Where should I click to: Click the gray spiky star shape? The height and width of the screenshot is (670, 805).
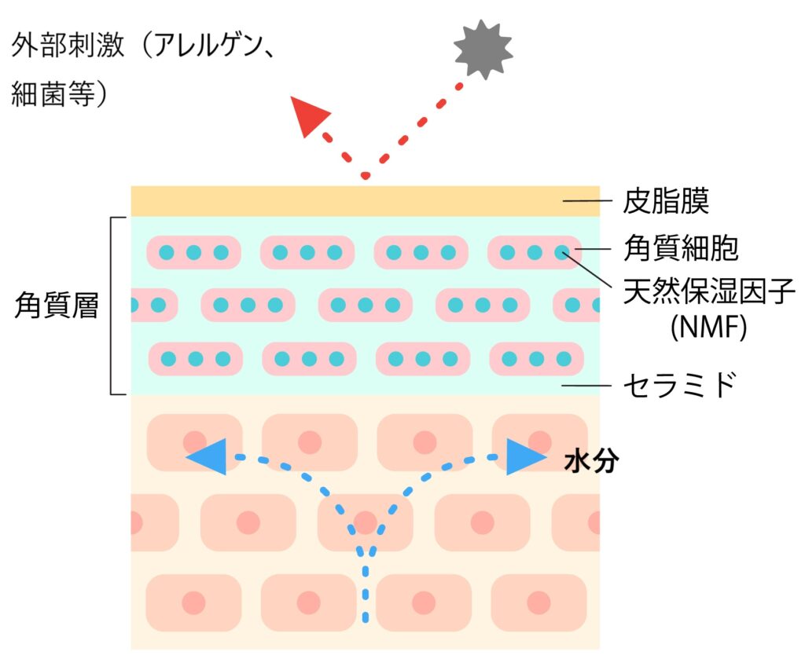[x=483, y=49]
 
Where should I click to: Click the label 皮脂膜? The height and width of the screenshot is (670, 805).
[x=666, y=201]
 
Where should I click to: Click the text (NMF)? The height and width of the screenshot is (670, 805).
[x=708, y=327]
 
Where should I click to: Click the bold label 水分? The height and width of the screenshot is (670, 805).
[x=591, y=462]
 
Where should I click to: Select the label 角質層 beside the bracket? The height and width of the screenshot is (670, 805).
[x=57, y=306]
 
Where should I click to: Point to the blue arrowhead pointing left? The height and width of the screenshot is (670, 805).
[x=208, y=456]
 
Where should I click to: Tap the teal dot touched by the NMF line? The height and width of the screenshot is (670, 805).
[x=561, y=253]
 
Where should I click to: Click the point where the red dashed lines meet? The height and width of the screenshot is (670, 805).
[x=365, y=174]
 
